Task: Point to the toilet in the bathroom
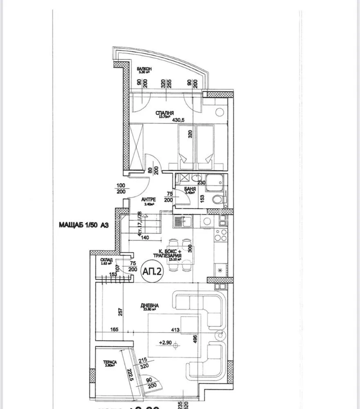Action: click(x=218, y=200)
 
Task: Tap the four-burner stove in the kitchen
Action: click(x=221, y=236)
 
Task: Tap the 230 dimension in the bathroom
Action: click(x=201, y=183)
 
